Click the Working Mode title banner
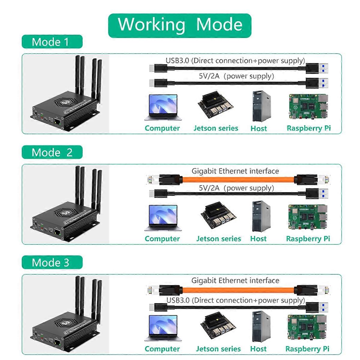(x=179, y=25)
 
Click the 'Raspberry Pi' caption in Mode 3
(x=307, y=349)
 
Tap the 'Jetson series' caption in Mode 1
(x=216, y=128)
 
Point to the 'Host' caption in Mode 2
(x=258, y=239)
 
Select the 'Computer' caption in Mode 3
(x=162, y=349)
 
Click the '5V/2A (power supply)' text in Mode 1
(x=236, y=76)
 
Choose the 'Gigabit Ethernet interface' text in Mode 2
(x=235, y=171)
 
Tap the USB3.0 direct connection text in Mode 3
(x=235, y=300)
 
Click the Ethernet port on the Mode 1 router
(x=57, y=121)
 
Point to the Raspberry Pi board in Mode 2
(x=307, y=217)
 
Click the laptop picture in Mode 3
(x=162, y=328)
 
